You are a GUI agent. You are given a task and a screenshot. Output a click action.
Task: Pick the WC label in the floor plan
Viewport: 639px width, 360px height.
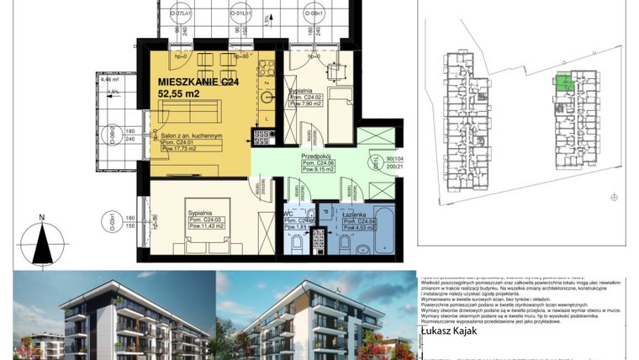coord(288,214)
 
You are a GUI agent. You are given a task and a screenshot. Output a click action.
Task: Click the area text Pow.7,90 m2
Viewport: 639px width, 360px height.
coord(303,104)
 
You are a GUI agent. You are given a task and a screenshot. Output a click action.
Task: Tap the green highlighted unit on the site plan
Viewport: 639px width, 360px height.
coord(563,82)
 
